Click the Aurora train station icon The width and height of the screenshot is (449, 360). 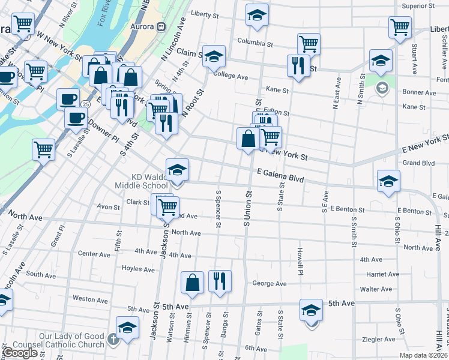(161, 27)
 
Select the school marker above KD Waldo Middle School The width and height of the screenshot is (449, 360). (177, 170)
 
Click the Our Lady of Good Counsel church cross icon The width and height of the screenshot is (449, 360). (113, 340)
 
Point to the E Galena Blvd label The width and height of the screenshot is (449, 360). (281, 175)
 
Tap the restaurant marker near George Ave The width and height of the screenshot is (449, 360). (220, 281)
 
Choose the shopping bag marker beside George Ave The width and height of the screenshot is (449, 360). (191, 283)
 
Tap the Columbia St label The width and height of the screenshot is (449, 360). (255, 43)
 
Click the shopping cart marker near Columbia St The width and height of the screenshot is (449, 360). (308, 44)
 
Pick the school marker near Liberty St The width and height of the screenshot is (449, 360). (257, 16)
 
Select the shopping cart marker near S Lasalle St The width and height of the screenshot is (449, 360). (43, 150)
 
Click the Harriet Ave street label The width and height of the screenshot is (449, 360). (382, 274)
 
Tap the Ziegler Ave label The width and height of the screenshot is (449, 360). (379, 339)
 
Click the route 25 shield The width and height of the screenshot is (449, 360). (86, 104)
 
